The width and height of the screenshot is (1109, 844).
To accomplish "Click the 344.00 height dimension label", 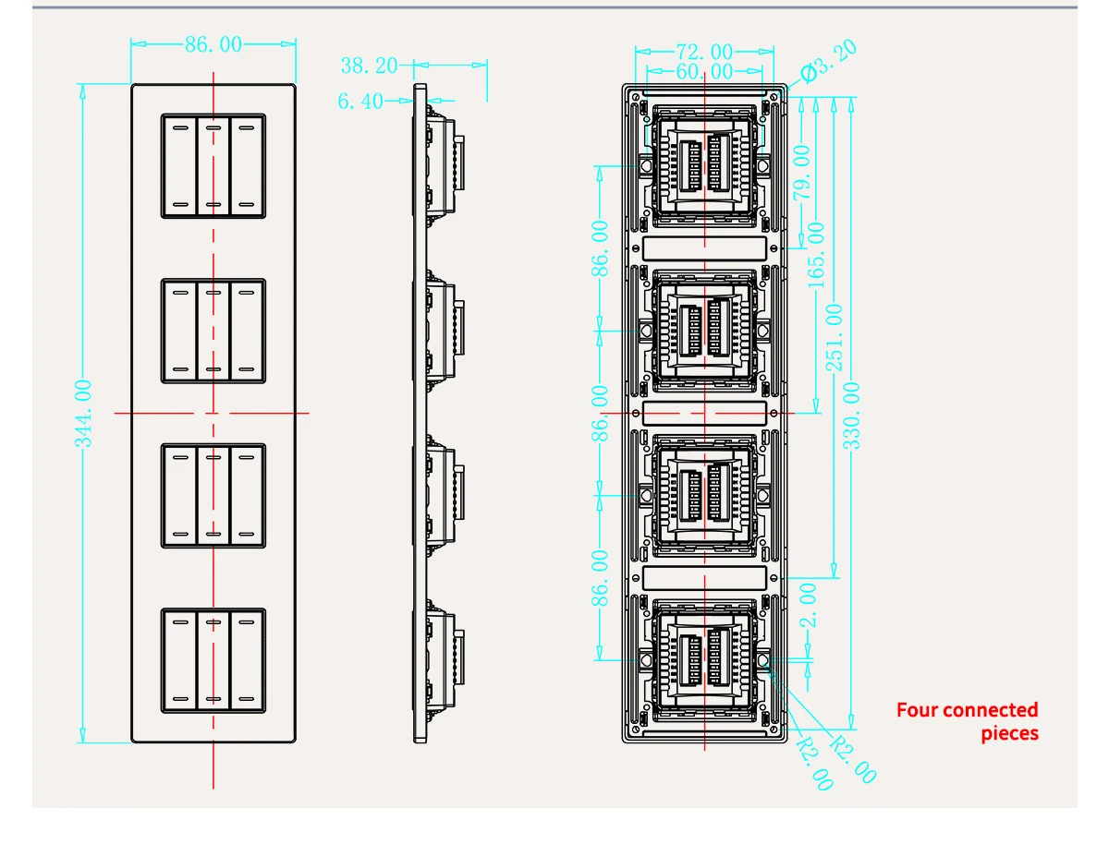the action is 83,413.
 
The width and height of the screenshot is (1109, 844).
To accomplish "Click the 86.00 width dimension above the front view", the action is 213,44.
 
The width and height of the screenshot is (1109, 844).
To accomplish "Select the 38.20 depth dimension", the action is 369,66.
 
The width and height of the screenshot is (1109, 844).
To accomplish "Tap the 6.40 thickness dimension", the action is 360,101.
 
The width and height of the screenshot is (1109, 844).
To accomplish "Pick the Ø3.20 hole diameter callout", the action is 828,61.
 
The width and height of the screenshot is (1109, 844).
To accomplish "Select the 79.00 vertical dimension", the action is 801,172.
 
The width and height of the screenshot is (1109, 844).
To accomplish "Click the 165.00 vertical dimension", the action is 817,255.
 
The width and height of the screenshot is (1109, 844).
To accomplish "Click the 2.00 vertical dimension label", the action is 808,605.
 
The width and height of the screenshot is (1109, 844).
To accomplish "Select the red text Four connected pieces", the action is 967,721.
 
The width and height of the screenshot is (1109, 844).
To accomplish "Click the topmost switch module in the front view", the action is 213,165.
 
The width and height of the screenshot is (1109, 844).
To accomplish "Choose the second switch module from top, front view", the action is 213,331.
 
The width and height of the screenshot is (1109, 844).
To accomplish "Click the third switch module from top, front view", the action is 213,496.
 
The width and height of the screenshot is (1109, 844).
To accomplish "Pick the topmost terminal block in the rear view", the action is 705,165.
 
